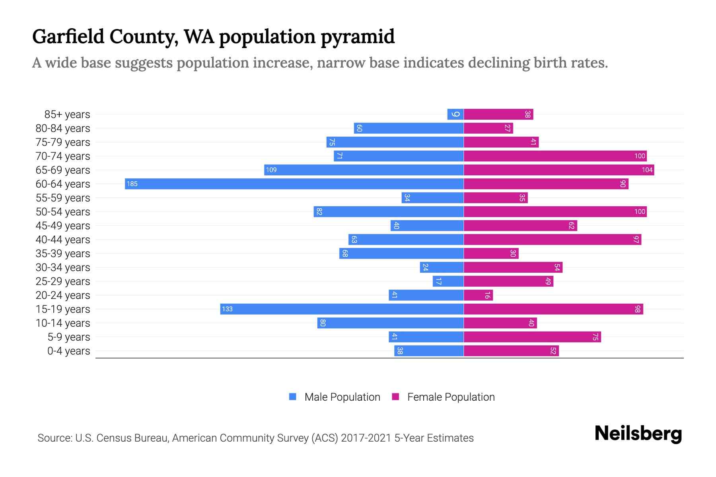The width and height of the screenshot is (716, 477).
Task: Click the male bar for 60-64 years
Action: (294, 184)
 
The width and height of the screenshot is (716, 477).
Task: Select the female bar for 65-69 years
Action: (559, 170)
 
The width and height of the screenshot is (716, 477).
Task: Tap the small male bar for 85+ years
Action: (455, 114)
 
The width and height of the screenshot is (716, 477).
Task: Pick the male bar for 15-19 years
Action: (342, 309)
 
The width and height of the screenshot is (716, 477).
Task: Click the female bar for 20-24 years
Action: (478, 295)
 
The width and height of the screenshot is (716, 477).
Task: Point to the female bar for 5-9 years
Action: (532, 337)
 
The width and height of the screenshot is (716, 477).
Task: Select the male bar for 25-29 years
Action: (448, 281)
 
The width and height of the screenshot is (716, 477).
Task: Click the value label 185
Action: (132, 184)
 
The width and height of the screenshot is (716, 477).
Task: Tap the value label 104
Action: (647, 170)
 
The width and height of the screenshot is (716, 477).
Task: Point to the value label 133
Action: (227, 309)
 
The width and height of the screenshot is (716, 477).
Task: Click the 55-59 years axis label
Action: (63, 198)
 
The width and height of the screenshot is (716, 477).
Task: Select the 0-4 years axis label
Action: (68, 351)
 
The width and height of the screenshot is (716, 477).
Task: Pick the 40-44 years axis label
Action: (63, 240)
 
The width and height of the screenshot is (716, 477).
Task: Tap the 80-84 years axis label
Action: (63, 128)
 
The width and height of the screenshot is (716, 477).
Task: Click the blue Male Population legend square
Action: (293, 397)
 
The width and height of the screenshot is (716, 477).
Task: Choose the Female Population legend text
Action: (451, 397)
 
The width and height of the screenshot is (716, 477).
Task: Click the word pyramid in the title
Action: (358, 37)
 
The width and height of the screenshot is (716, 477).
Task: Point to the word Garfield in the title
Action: (68, 36)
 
